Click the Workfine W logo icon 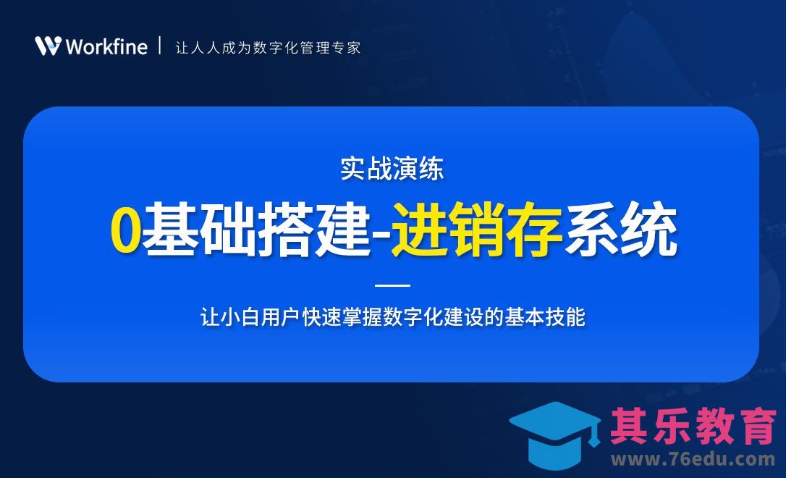[47, 46]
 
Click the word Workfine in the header [106, 47]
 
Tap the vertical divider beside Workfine [160, 46]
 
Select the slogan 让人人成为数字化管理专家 [268, 48]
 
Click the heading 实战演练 [392, 169]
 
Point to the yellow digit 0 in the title [125, 231]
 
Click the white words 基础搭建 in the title [256, 231]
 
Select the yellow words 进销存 [477, 231]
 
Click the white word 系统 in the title [621, 231]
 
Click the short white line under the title [393, 285]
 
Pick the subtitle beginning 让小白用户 [392, 317]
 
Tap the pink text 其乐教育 [693, 425]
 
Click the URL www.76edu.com [693, 459]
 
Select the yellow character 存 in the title [534, 231]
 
